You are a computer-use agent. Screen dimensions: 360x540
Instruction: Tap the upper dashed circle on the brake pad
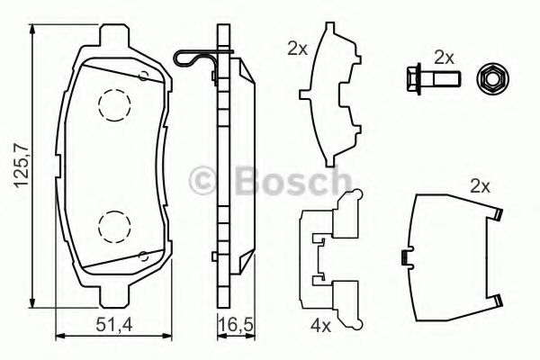113,105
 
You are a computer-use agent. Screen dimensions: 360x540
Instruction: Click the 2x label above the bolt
444,56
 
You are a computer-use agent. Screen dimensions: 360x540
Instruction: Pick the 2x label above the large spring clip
478,187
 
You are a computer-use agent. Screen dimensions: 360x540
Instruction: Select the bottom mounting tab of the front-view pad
112,296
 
